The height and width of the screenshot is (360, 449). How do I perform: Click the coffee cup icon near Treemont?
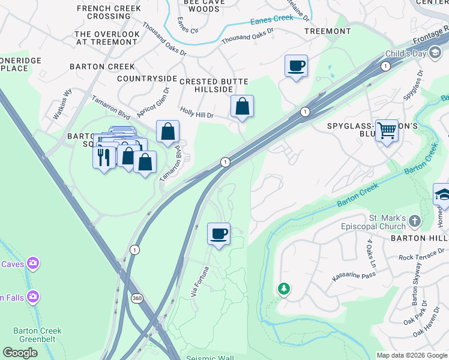click(296, 65)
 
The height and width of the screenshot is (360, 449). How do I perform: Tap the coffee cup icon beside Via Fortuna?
click(218, 233)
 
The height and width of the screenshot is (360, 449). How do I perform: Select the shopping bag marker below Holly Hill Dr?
click(242, 106)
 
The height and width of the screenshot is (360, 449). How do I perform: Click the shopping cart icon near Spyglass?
click(387, 130)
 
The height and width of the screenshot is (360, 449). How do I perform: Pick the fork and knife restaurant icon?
click(104, 157)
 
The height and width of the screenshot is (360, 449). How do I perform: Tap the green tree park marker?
click(283, 289)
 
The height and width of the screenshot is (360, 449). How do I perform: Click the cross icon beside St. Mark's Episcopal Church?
click(415, 222)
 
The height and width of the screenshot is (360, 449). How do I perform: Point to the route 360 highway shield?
click(137, 298)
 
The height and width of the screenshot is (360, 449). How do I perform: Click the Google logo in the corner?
click(20, 353)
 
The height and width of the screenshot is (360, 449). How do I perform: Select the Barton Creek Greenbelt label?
click(37, 335)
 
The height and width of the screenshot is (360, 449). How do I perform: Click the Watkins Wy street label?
click(62, 104)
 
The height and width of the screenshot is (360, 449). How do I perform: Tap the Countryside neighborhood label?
click(147, 79)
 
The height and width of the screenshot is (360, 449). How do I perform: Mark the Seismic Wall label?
click(209, 358)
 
